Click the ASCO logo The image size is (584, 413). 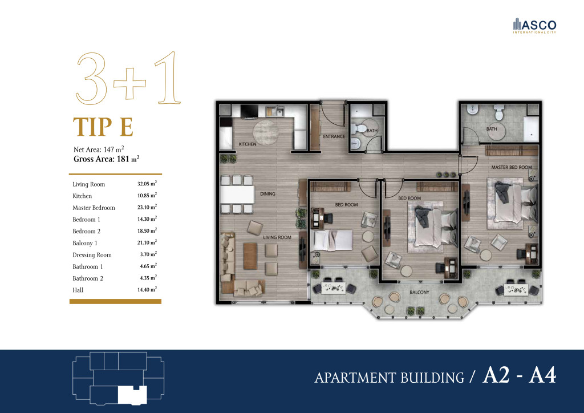pyautogui.click(x=534, y=26)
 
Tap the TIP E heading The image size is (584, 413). pyautogui.click(x=103, y=127)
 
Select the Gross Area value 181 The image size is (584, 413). pyautogui.click(x=123, y=159)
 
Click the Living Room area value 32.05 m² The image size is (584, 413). pyautogui.click(x=147, y=184)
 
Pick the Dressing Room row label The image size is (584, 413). pyautogui.click(x=92, y=255)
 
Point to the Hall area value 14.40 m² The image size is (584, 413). pyautogui.click(x=147, y=289)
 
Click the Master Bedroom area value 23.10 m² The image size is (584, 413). pyautogui.click(x=147, y=207)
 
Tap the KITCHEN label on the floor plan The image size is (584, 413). pyautogui.click(x=248, y=144)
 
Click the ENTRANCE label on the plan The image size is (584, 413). pyautogui.click(x=334, y=137)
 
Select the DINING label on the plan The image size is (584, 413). pyautogui.click(x=267, y=193)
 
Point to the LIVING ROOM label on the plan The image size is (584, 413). pyautogui.click(x=277, y=237)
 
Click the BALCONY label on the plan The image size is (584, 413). pyautogui.click(x=419, y=292)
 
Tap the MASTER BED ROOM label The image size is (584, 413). pyautogui.click(x=512, y=167)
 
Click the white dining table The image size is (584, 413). pyautogui.click(x=237, y=194)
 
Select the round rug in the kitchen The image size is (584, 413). pyautogui.click(x=266, y=133)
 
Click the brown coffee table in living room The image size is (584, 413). pyautogui.click(x=250, y=256)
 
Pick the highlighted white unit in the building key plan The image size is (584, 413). pyautogui.click(x=132, y=395)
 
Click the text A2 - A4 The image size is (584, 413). pyautogui.click(x=519, y=375)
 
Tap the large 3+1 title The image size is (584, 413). pyautogui.click(x=128, y=78)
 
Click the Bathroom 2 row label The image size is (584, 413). pyautogui.click(x=87, y=278)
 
